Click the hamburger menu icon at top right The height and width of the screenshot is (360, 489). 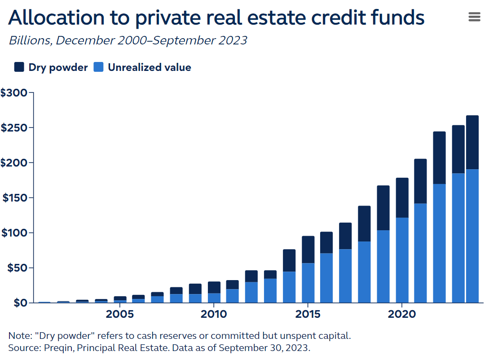pos(474,17)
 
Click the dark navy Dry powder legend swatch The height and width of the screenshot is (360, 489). pos(19,67)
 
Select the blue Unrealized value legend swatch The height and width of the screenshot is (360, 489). pos(98,67)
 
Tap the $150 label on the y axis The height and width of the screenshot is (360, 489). pos(15,198)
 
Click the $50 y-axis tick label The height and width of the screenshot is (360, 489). pos(17,268)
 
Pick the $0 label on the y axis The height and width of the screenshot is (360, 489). pos(19,303)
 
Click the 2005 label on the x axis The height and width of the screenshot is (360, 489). pos(119,314)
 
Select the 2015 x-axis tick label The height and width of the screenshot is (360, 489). pos(308,314)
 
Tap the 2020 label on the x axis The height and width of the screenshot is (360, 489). pos(401,314)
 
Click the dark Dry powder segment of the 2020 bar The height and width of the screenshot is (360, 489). pos(402,198)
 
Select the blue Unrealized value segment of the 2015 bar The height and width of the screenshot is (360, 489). pos(308,283)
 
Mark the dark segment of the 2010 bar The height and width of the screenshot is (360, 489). pos(214,287)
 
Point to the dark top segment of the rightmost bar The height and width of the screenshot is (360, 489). pos(472,142)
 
